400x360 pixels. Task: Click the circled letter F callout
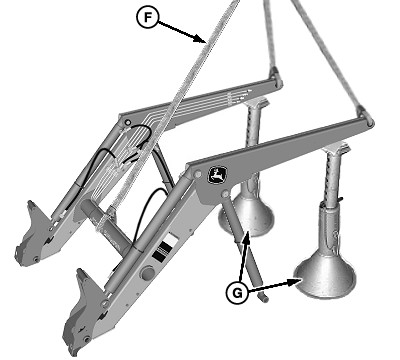coord(147,17)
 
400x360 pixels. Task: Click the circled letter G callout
coord(237,293)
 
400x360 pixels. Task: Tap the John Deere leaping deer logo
coord(218,175)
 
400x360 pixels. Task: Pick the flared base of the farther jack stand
coord(247,217)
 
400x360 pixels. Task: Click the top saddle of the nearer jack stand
coord(337,147)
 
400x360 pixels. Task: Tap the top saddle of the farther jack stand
coord(255,101)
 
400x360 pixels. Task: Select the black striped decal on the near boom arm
coord(162,252)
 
